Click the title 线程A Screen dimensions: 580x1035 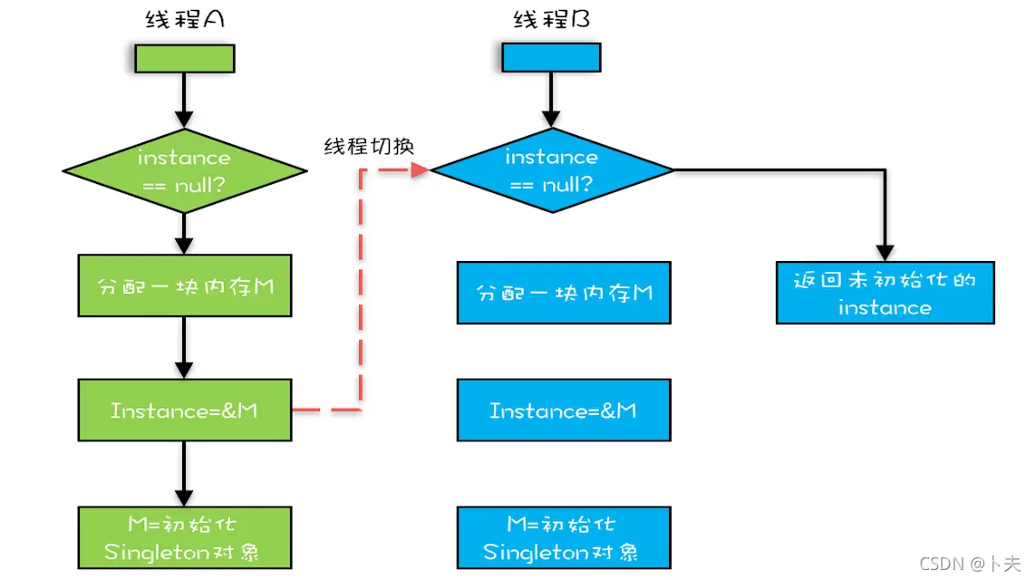pyautogui.click(x=184, y=19)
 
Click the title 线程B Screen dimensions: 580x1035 pyautogui.click(x=551, y=19)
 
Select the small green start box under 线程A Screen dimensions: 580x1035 pyautogui.click(x=184, y=58)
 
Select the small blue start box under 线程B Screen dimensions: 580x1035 pyautogui.click(x=551, y=58)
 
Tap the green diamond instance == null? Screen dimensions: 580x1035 pyautogui.click(x=184, y=170)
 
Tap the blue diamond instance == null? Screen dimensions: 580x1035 pyautogui.click(x=551, y=170)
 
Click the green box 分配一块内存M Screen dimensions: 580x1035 pyautogui.click(x=185, y=285)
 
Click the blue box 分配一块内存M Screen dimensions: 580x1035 pyautogui.click(x=564, y=293)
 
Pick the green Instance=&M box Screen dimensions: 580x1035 pyautogui.click(x=185, y=411)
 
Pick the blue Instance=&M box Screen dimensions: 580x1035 pyautogui.click(x=564, y=411)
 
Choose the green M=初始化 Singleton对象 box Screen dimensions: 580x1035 pyautogui.click(x=185, y=537)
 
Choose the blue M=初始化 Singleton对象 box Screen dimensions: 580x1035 pyautogui.click(x=564, y=537)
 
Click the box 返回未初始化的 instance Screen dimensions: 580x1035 pyautogui.click(x=885, y=293)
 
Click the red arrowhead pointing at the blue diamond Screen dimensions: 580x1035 pyautogui.click(x=420, y=169)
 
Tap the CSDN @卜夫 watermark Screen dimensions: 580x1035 pyautogui.click(x=970, y=564)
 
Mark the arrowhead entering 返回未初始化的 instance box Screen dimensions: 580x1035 pyautogui.click(x=885, y=253)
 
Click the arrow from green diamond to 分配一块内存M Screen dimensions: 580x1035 pyautogui.click(x=184, y=234)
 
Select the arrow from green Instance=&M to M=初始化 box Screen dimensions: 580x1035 pyautogui.click(x=184, y=473)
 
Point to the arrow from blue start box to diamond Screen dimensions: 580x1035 pyautogui.click(x=551, y=100)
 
